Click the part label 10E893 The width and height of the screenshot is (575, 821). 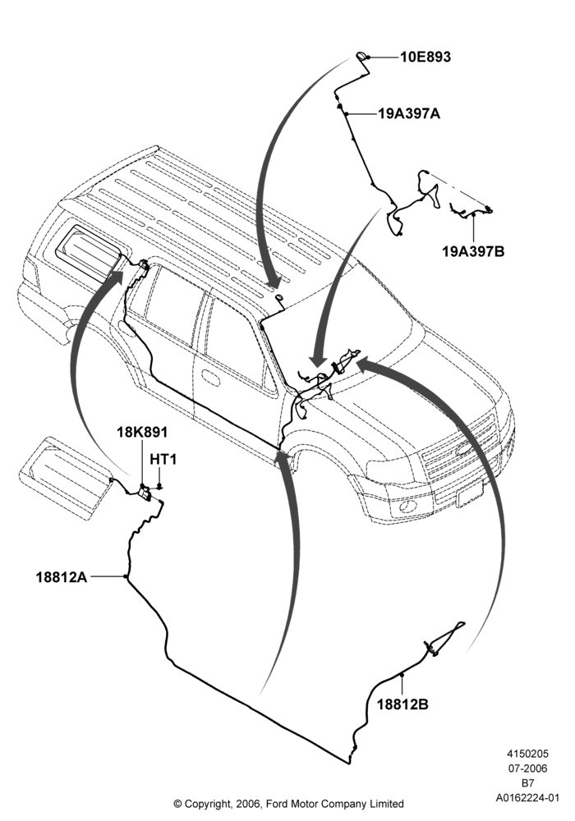pos(425,57)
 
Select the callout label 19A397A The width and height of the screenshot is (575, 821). pos(409,113)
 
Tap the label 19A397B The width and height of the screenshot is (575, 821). pos(473,251)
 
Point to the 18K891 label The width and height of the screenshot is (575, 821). pos(142,432)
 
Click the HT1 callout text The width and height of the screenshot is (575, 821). pos(163,459)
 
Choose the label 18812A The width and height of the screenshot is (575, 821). pos(62,577)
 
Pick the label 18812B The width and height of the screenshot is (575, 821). pos(402,704)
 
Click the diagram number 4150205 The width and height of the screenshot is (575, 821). pos(527,754)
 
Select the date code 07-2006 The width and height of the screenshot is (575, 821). pos(527,768)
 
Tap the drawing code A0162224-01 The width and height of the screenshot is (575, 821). pos(527,798)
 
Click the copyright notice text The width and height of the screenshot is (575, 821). pos(288,803)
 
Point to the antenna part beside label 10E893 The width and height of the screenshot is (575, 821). pos(362,56)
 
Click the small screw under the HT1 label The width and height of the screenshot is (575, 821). pos(160,486)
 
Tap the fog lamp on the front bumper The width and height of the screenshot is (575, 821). pos(407,507)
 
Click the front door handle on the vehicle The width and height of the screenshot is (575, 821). pos(210,377)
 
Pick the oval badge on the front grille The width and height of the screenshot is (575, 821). pos(464,449)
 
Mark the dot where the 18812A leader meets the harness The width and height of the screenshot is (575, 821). pos(126,576)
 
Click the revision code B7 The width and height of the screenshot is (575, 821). pos(527,783)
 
